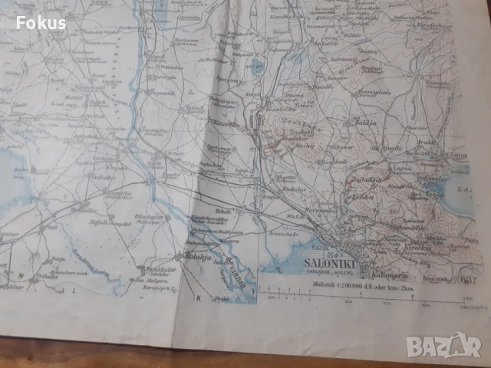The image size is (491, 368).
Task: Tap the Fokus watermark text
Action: point(40,22)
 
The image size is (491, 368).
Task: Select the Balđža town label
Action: point(367,123)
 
